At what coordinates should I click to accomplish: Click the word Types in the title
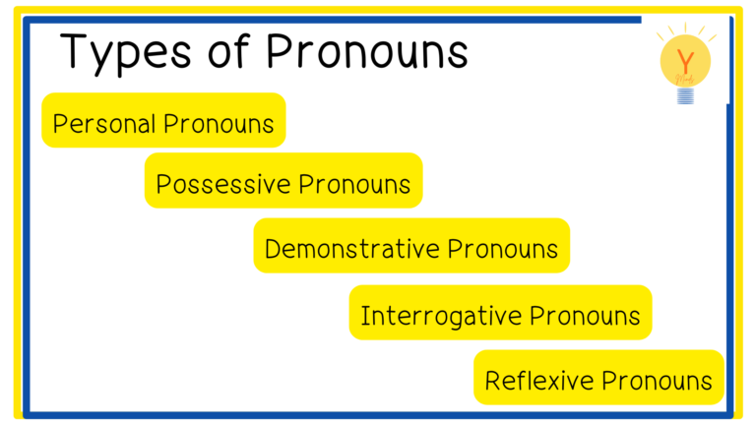tap(126, 53)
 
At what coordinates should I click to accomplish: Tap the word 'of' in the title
tap(228, 50)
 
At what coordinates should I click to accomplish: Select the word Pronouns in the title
tap(367, 50)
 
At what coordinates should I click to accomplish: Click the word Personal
tap(104, 123)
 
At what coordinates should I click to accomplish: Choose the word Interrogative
tap(442, 317)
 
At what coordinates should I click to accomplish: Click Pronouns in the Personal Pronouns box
tap(219, 123)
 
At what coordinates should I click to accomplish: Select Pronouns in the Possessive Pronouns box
tap(354, 184)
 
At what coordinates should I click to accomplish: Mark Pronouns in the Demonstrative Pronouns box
tap(502, 249)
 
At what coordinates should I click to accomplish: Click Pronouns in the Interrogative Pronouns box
tap(585, 316)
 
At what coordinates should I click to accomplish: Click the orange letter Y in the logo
tap(685, 61)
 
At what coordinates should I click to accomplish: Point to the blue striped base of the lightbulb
tap(685, 95)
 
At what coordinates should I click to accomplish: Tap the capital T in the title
tap(76, 50)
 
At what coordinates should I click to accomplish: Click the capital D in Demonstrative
tap(273, 249)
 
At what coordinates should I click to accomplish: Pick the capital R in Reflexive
tap(493, 381)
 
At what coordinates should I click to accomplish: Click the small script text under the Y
tap(685, 79)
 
